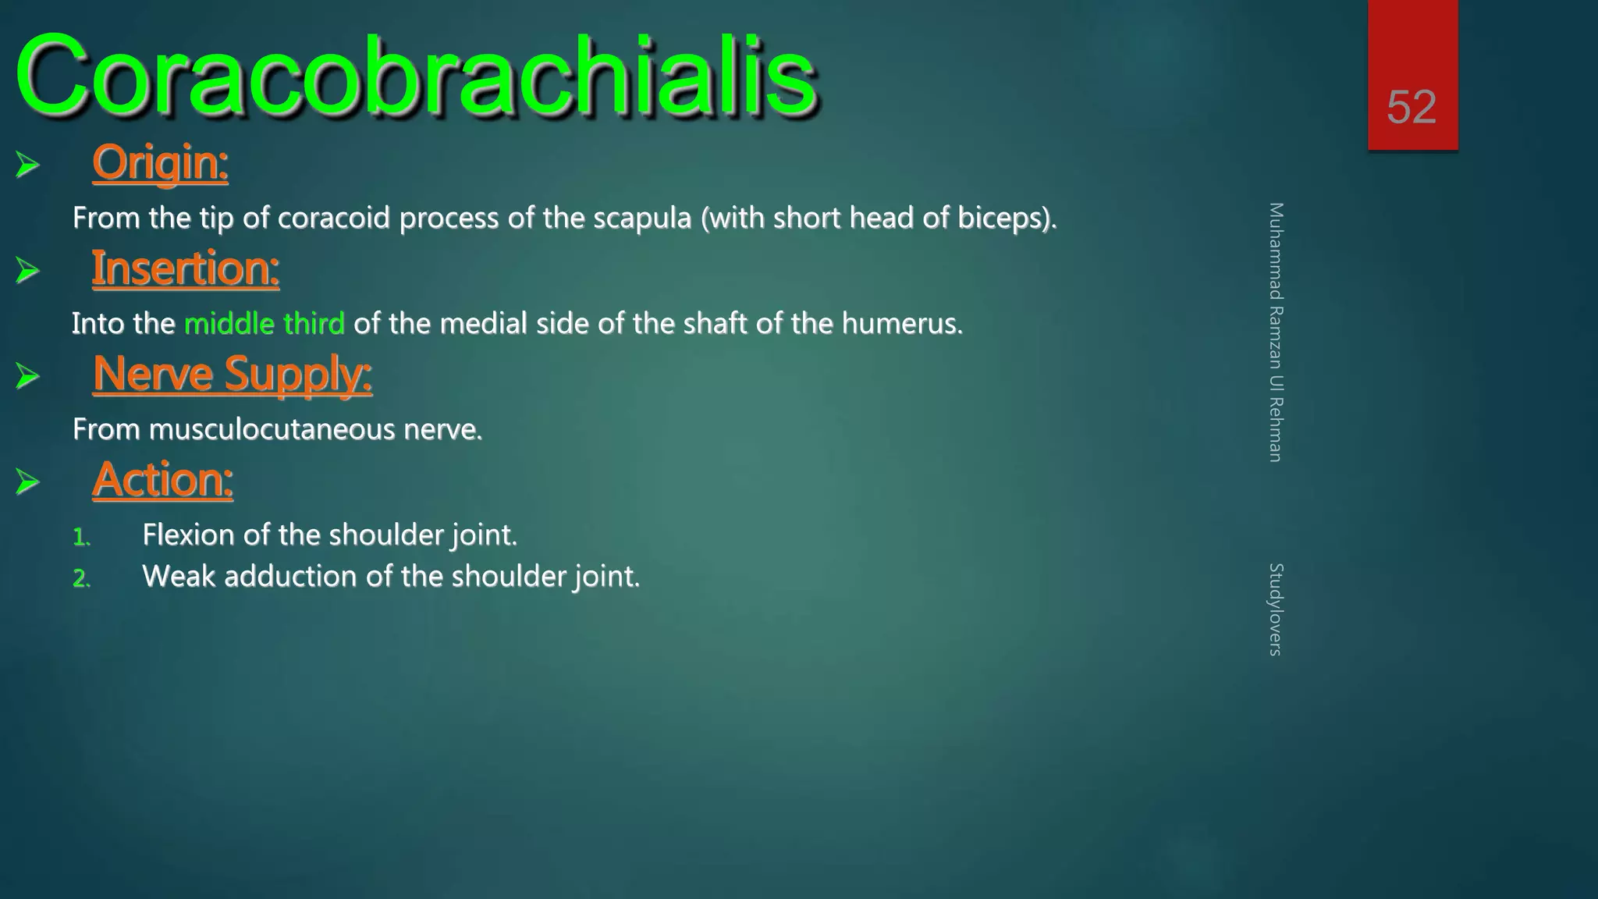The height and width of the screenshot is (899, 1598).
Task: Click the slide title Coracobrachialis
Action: tap(415, 76)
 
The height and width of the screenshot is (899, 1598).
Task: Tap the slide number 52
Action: tap(1412, 107)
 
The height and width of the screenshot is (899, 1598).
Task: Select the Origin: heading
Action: tap(160, 163)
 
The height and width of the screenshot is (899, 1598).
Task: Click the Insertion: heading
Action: tap(186, 268)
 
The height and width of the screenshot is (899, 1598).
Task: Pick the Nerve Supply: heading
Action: tap(233, 374)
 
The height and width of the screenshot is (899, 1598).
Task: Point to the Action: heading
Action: tap(163, 479)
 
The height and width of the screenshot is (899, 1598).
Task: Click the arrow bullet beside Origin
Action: tap(27, 165)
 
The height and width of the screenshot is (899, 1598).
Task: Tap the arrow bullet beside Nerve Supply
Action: tap(27, 376)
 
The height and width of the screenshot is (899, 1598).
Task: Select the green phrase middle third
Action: tap(264, 323)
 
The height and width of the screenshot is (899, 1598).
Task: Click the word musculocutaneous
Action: tap(272, 429)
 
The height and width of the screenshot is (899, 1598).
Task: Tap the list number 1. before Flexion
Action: tap(81, 537)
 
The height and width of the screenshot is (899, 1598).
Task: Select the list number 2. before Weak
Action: tap(81, 578)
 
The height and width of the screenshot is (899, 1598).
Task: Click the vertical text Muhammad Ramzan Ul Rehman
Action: tap(1275, 332)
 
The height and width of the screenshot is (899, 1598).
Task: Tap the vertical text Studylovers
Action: tap(1275, 609)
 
